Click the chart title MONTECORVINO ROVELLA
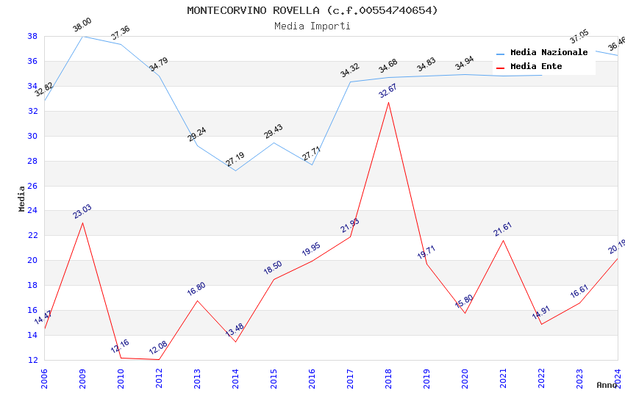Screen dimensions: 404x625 pos(312,10)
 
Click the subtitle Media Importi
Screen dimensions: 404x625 pos(312,26)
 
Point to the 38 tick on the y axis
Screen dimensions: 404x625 pos(32,36)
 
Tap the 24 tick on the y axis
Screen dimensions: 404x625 pos(32,211)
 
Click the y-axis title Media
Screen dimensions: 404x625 pos(22,198)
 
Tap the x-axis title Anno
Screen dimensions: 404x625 pos(607,385)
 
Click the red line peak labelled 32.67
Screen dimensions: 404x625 pos(388,102)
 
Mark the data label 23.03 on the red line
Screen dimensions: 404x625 pos(82,212)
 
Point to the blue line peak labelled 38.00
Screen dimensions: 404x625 pos(82,36)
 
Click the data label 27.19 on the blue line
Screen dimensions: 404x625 pos(235,159)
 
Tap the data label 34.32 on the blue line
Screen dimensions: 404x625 pos(350,71)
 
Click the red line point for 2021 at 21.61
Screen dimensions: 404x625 pos(503,240)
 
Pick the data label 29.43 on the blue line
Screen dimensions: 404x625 pos(274,131)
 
